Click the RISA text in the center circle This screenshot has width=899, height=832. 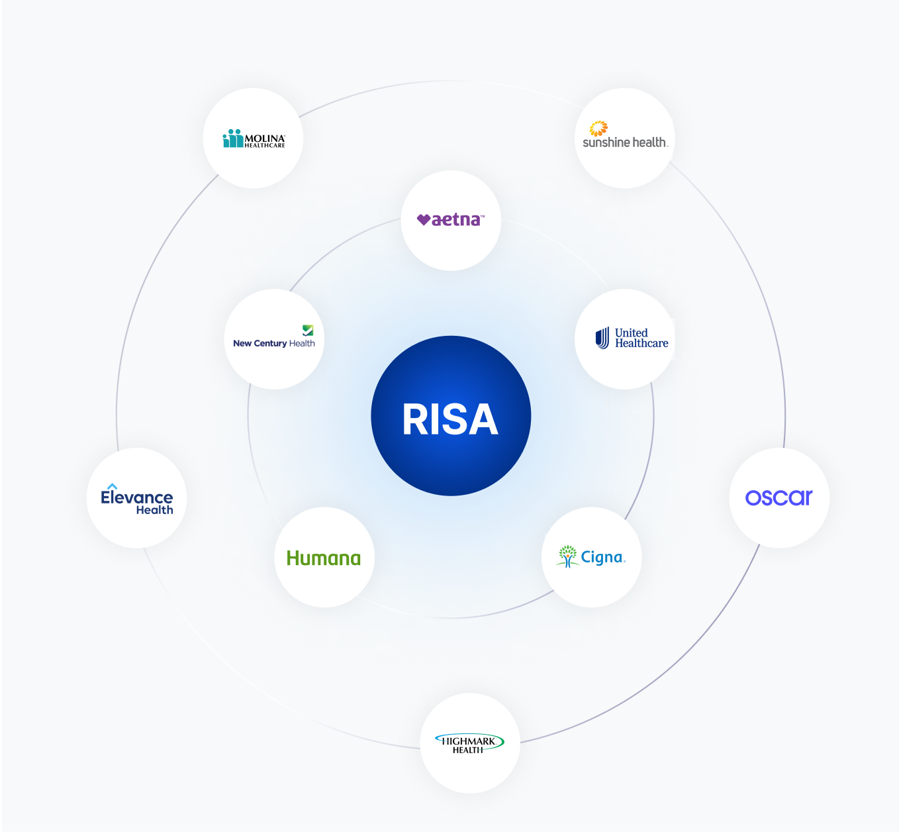point(450,420)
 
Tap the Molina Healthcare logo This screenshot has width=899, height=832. point(254,139)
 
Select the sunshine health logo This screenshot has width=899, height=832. point(625,136)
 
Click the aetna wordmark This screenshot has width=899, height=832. point(457,220)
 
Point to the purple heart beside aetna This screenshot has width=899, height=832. point(424,220)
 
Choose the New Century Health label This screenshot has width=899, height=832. point(274,343)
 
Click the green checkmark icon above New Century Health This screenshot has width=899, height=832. point(308,330)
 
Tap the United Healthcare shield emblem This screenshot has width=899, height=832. point(602,338)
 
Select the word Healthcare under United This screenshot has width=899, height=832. point(641,343)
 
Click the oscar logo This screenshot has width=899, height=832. point(779,497)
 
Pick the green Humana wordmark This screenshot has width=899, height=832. point(324,558)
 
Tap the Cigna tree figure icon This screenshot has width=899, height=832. point(567,556)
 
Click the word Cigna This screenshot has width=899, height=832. point(602,558)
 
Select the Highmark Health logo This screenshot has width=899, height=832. point(469,744)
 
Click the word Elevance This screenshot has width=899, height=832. point(137,497)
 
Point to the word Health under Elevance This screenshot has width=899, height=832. point(154,510)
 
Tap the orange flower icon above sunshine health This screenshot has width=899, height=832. point(598,128)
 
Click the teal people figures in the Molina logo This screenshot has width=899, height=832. point(233,138)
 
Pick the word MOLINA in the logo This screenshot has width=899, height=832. point(265,138)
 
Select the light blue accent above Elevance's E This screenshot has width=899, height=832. point(112,486)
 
